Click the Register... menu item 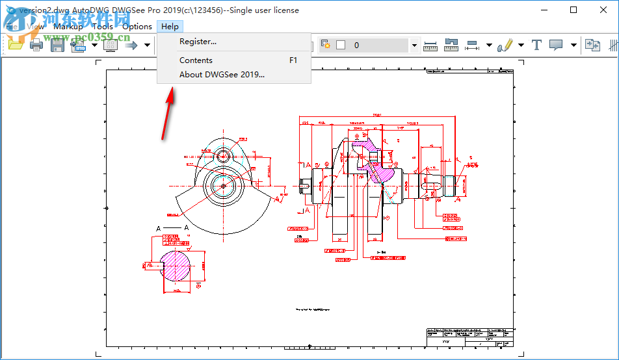click(x=198, y=42)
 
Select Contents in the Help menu click(x=196, y=60)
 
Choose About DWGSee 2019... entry click(x=222, y=74)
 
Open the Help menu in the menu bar click(x=170, y=27)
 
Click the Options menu click(x=137, y=27)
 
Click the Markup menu click(x=68, y=27)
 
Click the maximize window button click(x=573, y=10)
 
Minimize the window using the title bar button click(x=543, y=10)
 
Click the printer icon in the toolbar click(x=36, y=45)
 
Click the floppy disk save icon click(x=57, y=45)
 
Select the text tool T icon click(x=536, y=45)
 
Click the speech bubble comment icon click(x=556, y=45)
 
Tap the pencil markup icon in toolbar click(x=504, y=45)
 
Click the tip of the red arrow click(x=172, y=90)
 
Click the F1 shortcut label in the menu click(x=293, y=60)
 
